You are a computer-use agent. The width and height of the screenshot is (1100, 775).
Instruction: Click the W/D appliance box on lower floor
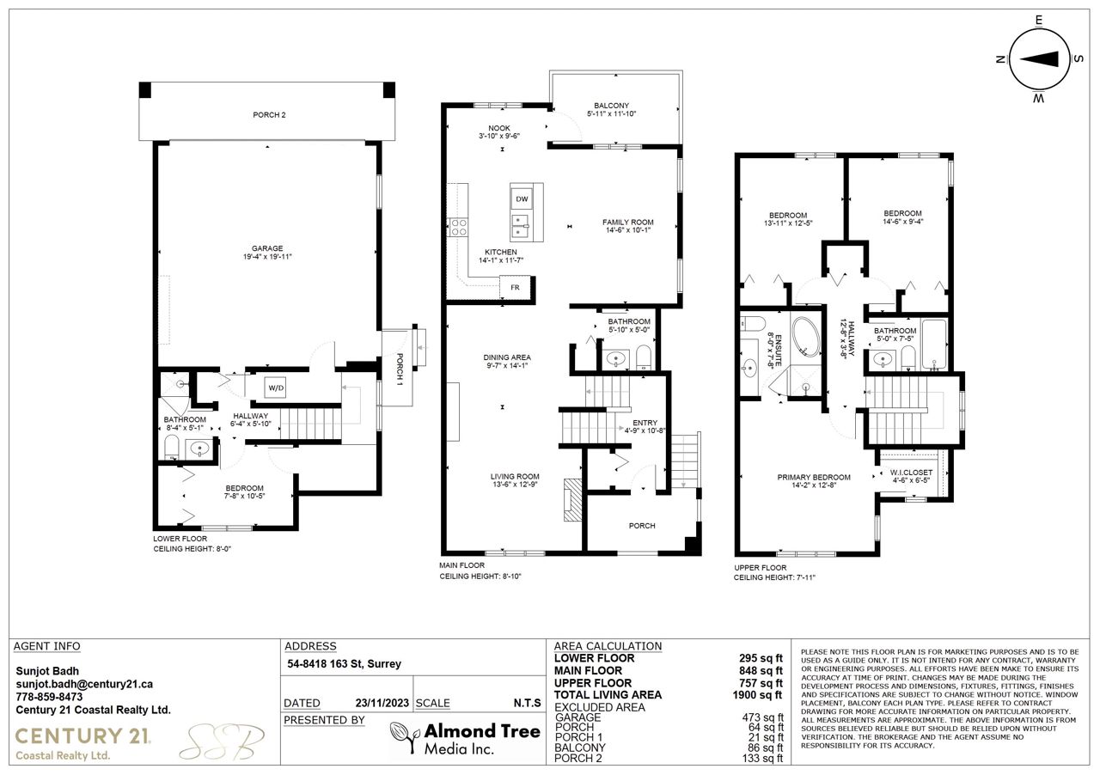pos(276,387)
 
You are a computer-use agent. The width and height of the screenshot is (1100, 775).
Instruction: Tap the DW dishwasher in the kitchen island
pos(522,199)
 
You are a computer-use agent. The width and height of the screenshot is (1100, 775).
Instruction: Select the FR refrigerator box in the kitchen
pos(515,287)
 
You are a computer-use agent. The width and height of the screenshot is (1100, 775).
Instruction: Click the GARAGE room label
pos(267,248)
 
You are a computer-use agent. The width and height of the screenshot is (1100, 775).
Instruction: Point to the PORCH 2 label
pos(269,115)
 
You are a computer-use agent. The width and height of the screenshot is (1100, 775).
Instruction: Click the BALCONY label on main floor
pos(611,106)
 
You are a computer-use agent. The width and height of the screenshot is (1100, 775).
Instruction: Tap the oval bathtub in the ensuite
pos(805,337)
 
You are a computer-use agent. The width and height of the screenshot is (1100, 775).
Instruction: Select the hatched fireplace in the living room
pos(572,499)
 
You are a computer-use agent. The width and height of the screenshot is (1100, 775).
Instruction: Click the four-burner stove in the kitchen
pos(459,228)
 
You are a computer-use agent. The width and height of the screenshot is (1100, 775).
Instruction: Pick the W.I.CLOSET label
pos(911,473)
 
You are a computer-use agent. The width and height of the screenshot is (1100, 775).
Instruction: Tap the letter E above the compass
pos(1039,20)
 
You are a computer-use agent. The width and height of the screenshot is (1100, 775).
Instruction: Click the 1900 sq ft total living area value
pos(757,695)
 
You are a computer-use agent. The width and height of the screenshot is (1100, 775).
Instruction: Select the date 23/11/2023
pos(382,703)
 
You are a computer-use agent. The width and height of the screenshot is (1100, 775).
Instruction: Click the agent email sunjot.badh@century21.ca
pos(84,684)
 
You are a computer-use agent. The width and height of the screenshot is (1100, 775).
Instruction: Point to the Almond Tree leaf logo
pos(405,736)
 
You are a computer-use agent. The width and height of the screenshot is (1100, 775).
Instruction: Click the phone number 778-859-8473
pos(49,697)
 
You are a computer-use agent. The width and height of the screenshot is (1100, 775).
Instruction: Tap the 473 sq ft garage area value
pos(762,717)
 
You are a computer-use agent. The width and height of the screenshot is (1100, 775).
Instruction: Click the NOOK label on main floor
pos(499,128)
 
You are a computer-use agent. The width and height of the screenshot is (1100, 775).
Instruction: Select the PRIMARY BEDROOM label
pos(814,478)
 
